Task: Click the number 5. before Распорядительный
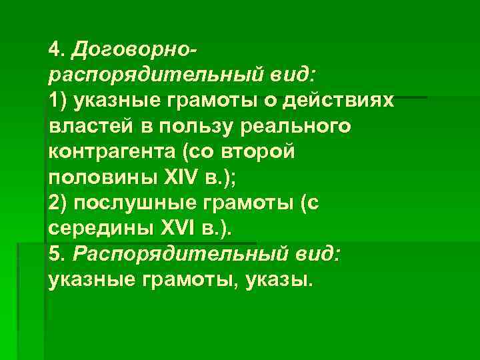(55, 255)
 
